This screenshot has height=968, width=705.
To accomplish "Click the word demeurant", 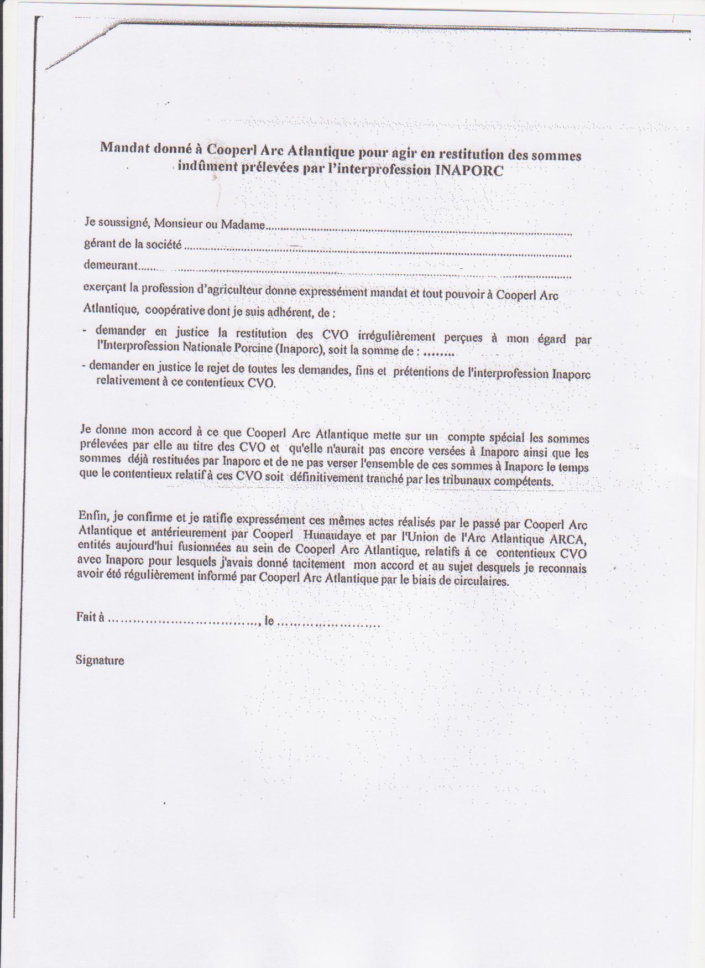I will pyautogui.click(x=110, y=265).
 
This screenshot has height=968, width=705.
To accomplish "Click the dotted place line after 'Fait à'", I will pyautogui.click(x=183, y=621).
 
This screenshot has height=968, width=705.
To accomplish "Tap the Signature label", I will pyautogui.click(x=100, y=660).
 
